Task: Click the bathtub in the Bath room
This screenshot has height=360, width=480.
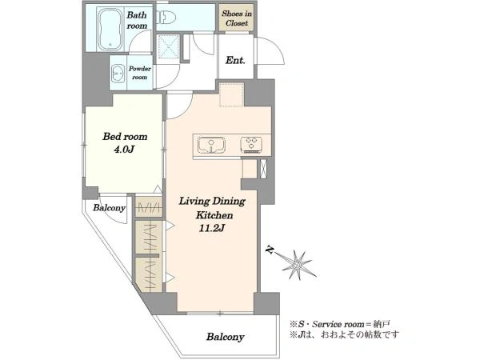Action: coord(110,29)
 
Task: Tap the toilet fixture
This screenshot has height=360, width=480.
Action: coord(166,17)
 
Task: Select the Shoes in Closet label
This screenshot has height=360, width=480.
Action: coord(237,18)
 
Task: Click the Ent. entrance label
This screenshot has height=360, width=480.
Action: coord(235,60)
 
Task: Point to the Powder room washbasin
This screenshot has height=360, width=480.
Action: coord(118,73)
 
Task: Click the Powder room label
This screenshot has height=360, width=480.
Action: coord(139,73)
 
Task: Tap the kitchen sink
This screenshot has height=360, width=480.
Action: coord(211,145)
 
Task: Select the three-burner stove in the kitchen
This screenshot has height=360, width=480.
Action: coord(251,145)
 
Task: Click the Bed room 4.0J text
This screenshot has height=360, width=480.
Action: coord(125,142)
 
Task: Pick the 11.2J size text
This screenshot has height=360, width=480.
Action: coord(212,228)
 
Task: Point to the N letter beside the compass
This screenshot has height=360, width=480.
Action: coord(270,250)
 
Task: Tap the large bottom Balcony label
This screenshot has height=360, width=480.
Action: coord(225,337)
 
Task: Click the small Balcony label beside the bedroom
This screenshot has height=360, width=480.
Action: coord(110,208)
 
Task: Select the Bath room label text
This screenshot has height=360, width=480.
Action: coord(137,20)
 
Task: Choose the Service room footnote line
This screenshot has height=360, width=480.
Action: coord(340,324)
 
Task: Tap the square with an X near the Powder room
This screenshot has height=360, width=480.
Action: coord(168,46)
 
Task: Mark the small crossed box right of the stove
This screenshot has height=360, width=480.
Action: coord(263,169)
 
